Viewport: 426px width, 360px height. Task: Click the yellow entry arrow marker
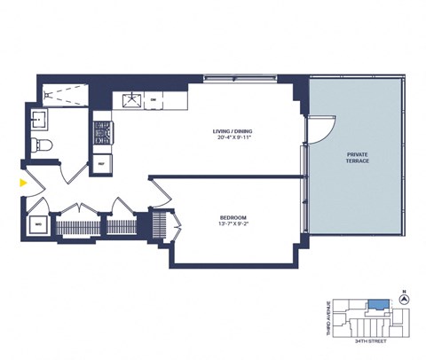pos(22,184)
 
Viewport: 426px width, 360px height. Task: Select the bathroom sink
pos(40,118)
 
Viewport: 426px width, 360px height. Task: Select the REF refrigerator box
pos(101,164)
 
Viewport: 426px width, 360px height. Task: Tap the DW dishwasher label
pos(154,100)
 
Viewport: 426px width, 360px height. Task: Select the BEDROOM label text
pos(233,217)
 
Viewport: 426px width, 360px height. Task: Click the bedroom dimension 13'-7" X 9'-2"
pos(233,225)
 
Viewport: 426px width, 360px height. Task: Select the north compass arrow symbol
pos(405,299)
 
